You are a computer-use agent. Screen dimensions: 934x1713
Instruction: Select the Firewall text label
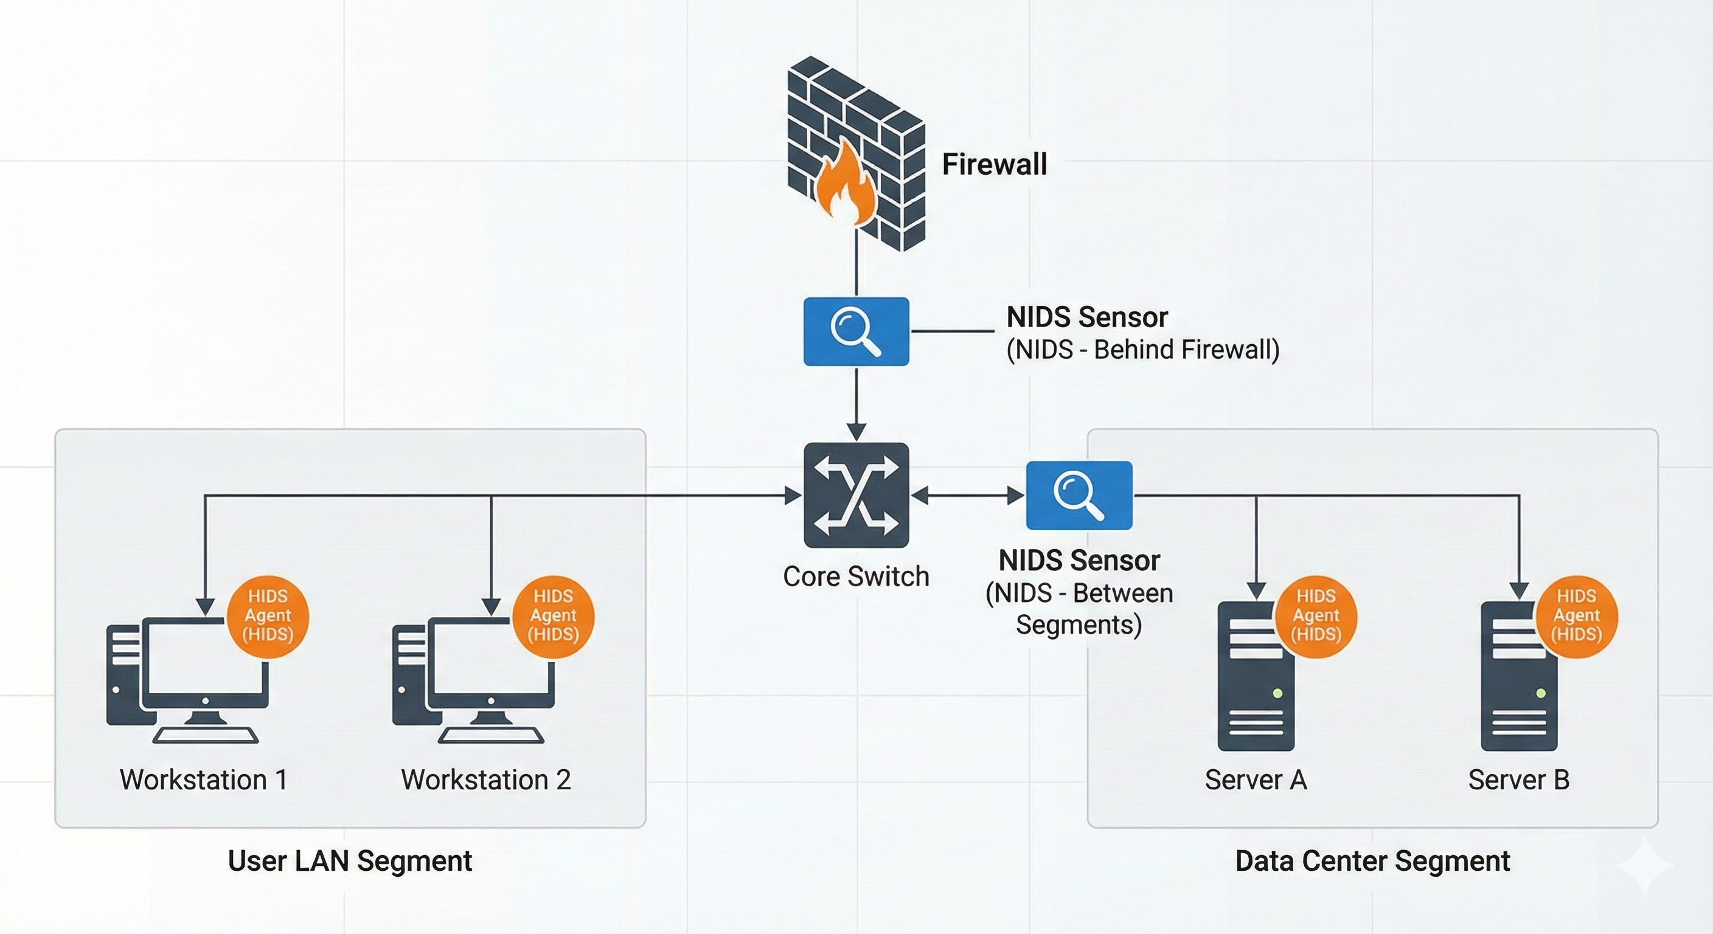click(x=994, y=164)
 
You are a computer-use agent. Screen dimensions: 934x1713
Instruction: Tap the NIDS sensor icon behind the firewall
click(x=856, y=331)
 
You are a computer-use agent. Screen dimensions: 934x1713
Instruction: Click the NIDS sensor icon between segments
click(x=1079, y=495)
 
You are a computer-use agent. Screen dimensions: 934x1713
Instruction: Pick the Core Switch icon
click(x=856, y=495)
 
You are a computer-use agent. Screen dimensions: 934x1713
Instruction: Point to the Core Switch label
click(x=856, y=576)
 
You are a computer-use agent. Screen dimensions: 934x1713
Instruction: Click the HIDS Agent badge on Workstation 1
click(x=268, y=616)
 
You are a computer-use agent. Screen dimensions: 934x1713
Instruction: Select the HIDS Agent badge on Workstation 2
click(x=554, y=616)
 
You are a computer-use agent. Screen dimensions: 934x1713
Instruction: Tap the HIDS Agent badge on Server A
click(x=1316, y=616)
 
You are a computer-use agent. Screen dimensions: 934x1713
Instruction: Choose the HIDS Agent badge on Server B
click(x=1577, y=616)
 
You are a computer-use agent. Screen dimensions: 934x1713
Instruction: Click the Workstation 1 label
click(x=204, y=780)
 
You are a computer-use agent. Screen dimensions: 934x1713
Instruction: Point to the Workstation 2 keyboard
click(x=491, y=735)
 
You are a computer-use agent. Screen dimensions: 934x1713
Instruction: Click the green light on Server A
click(x=1277, y=693)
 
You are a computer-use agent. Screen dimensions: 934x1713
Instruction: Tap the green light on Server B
click(x=1541, y=693)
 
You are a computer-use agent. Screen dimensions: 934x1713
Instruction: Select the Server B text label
click(x=1519, y=780)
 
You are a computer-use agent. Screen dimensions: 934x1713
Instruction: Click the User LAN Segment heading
click(x=350, y=861)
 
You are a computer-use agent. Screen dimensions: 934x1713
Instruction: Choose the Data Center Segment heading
click(x=1372, y=861)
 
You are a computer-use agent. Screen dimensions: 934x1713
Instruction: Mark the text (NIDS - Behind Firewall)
click(x=1142, y=350)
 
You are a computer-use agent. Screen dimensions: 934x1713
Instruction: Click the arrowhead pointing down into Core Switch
click(x=856, y=430)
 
